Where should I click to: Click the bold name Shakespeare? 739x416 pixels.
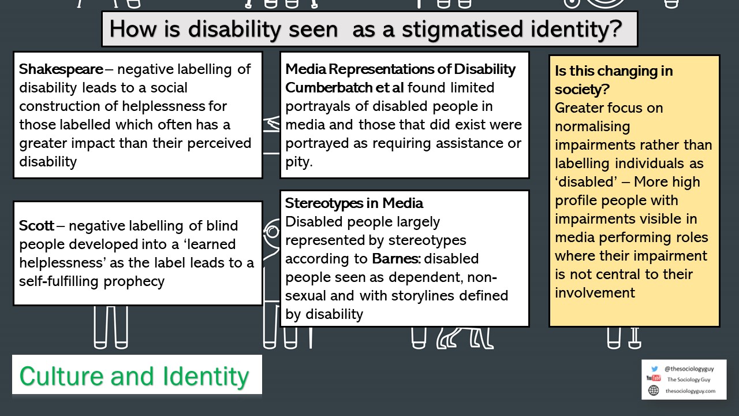click(x=61, y=69)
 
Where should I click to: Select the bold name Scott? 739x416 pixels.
click(x=36, y=226)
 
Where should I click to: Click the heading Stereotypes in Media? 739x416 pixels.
click(x=354, y=203)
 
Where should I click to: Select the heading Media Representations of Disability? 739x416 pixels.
click(x=400, y=69)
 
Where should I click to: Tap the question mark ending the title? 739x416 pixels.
click(x=616, y=29)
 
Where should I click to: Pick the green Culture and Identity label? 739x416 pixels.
click(x=135, y=376)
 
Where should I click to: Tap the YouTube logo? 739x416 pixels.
click(x=654, y=380)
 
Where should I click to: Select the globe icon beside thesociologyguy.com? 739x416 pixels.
click(x=654, y=391)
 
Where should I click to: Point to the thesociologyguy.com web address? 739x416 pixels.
click(x=691, y=391)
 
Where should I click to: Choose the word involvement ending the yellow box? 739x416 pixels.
click(x=595, y=293)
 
